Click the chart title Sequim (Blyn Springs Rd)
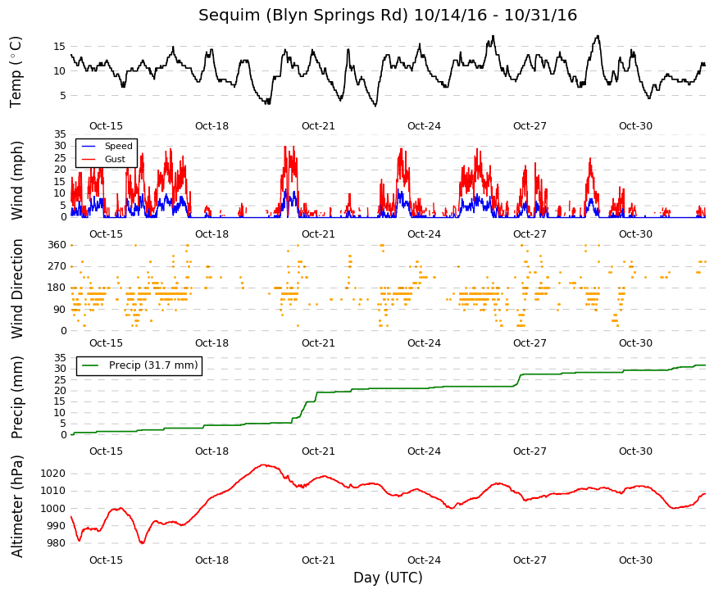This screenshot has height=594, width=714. pos(302,15)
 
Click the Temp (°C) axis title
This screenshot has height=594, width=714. pos(16,72)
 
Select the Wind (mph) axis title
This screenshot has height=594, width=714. pos(16,180)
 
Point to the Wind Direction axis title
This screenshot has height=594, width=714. pos(16,288)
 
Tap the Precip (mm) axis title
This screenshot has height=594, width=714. pos(16,397)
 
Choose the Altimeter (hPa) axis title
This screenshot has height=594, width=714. pos(16,506)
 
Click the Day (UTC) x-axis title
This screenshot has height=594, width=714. pos(388,578)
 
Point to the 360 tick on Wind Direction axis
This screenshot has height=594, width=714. pos(57,245)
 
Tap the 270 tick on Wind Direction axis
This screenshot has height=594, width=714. pos(57,266)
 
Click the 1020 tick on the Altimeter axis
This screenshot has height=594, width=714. pos(52,474)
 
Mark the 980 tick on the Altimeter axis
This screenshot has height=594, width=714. pos(56,543)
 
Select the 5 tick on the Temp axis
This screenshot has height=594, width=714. pos(63,96)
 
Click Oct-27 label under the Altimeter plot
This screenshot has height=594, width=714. pos(530,560)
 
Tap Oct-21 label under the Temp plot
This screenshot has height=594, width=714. pos(318,126)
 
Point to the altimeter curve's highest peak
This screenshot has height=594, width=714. pos(264,465)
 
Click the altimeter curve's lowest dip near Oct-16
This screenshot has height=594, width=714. pos(142,543)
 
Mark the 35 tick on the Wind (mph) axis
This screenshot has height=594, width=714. pos(60,134)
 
